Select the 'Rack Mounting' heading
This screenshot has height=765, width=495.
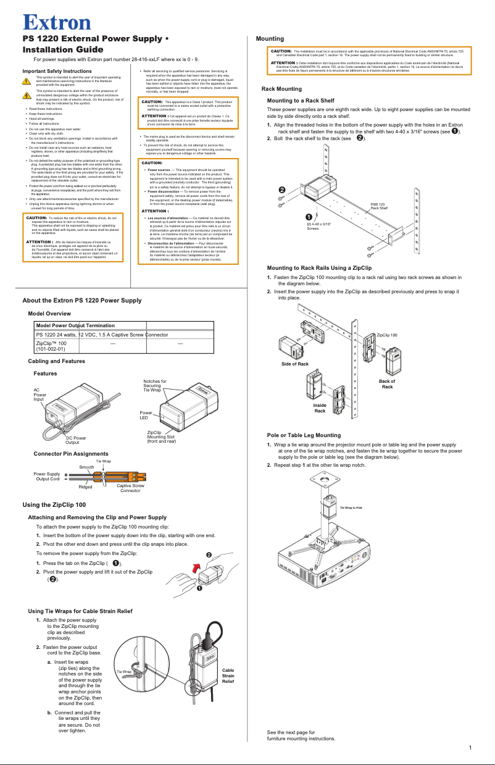click(281, 89)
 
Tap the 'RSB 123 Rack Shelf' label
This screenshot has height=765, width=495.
click(378, 206)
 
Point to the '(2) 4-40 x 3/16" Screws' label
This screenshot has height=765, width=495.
click(318, 226)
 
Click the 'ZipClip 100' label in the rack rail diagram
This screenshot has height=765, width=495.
click(387, 334)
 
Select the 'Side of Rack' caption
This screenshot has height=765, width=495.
click(294, 364)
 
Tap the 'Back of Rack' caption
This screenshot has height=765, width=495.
click(387, 384)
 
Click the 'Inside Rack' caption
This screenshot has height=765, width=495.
click(320, 408)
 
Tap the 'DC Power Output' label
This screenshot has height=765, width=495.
click(76, 440)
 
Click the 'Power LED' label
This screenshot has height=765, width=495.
click(146, 415)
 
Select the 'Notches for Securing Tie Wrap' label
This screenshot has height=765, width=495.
click(154, 386)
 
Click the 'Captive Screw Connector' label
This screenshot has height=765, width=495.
click(130, 488)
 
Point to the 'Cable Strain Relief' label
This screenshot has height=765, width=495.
click(228, 675)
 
